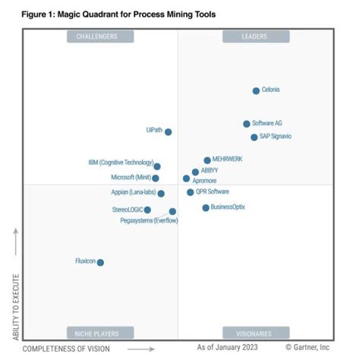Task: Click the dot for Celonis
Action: (256, 90)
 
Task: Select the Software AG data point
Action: (247, 124)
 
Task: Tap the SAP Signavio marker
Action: (254, 137)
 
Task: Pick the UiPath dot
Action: (168, 131)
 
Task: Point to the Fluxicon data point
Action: (100, 262)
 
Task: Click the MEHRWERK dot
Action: (207, 160)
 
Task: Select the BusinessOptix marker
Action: (205, 207)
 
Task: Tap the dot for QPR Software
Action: (190, 192)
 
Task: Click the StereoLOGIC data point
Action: (147, 210)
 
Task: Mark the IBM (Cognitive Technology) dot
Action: (157, 166)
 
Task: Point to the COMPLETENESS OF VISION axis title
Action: (66, 348)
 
